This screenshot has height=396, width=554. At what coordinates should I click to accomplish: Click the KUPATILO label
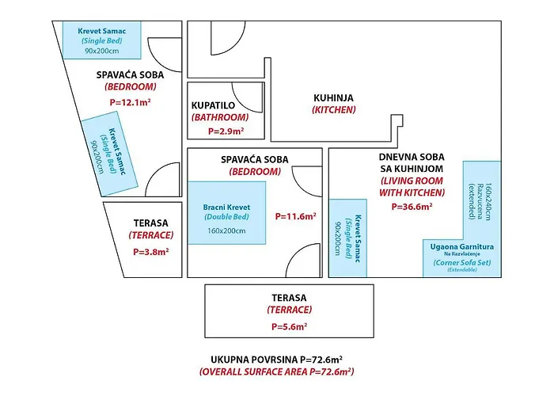[213, 105]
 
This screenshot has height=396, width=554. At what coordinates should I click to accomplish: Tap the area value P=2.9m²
[226, 131]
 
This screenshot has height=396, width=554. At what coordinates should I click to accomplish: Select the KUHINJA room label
[333, 98]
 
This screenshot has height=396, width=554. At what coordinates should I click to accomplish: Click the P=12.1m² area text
[131, 102]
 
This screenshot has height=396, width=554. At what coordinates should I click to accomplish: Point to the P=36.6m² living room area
[412, 207]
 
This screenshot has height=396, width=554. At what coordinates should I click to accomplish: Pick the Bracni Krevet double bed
[226, 213]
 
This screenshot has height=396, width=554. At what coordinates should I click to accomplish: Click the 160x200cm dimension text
[226, 231]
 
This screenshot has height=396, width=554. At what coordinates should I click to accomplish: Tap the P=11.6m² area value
[296, 216]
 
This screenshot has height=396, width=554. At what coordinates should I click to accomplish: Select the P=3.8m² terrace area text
[151, 252]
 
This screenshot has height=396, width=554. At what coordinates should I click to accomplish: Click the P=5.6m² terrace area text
[290, 326]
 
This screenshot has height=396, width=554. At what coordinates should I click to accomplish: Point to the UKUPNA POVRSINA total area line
[277, 360]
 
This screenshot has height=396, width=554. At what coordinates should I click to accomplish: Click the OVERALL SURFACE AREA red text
[277, 371]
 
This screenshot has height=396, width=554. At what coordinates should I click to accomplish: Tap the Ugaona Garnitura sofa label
[462, 247]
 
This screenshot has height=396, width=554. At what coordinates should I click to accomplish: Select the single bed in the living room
[347, 238]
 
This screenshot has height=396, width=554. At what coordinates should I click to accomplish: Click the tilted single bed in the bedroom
[109, 154]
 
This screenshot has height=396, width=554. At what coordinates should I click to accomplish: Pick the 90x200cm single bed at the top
[102, 40]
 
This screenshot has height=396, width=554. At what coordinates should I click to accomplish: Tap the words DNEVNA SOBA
[412, 157]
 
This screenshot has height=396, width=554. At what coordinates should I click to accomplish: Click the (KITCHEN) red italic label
[333, 109]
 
